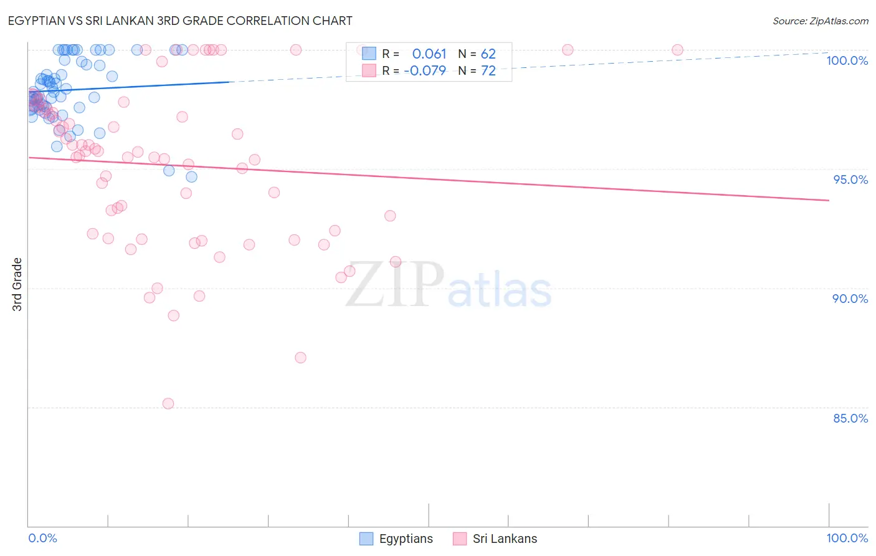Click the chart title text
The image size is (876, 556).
181,21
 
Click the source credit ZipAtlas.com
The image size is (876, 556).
820,21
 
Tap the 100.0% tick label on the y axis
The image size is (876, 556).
847,60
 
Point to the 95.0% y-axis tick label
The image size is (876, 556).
850,180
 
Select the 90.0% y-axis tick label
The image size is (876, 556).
850,299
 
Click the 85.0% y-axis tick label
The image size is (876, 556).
850,418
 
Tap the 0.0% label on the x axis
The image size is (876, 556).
42,538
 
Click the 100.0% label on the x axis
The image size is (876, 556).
847,538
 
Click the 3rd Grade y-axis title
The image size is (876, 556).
17,284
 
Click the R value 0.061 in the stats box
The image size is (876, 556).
429,54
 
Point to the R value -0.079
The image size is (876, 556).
425,70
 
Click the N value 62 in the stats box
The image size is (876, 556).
488,54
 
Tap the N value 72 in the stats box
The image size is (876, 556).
488,70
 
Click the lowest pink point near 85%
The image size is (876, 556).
168,403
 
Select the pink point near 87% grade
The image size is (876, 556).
300,358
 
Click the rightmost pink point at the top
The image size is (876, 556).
677,50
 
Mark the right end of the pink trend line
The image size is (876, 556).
829,200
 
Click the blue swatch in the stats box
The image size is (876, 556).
369,54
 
